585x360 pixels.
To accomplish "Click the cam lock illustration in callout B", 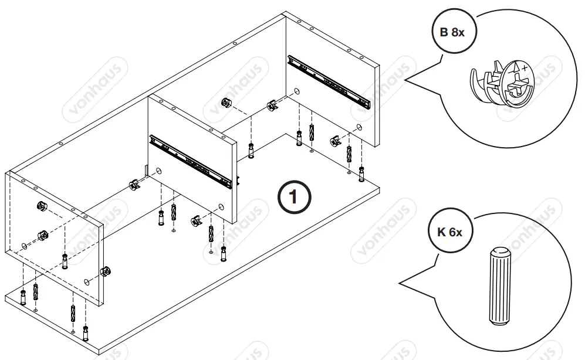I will [502, 86].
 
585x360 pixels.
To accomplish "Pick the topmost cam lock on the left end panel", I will [42, 206].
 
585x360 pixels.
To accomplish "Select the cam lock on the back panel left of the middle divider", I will [134, 185].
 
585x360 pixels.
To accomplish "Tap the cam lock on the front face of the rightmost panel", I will [334, 141].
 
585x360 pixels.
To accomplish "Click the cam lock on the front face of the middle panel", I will [195, 220].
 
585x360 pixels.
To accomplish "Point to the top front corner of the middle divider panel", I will [234, 142].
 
